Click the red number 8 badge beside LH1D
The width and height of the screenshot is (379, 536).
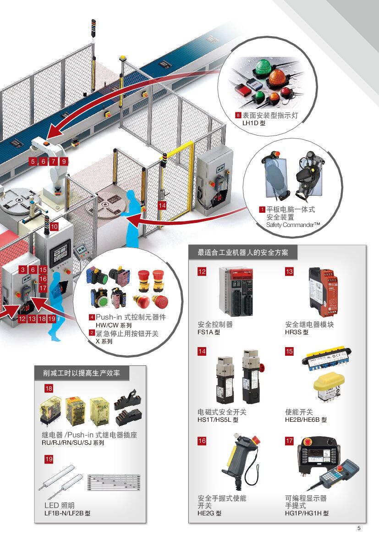click(238, 115)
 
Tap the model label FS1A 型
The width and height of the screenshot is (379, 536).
click(209, 332)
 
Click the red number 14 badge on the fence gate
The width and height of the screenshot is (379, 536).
click(162, 205)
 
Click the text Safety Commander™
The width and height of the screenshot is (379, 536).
click(293, 225)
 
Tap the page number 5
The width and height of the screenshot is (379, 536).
click(358, 528)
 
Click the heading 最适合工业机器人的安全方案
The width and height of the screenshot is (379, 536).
click(242, 253)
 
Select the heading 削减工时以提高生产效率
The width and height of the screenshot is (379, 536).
click(81, 373)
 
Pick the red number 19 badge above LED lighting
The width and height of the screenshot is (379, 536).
click(49, 459)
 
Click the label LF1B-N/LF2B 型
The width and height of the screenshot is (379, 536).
click(67, 513)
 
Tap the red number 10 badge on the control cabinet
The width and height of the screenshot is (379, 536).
click(54, 227)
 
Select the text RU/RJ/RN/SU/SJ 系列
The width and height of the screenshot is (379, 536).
click(73, 442)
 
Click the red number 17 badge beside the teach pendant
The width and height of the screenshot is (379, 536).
click(289, 441)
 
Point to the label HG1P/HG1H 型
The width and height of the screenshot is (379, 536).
click(307, 513)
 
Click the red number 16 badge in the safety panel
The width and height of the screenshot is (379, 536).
click(202, 441)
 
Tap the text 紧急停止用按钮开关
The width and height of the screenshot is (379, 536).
click(127, 333)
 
